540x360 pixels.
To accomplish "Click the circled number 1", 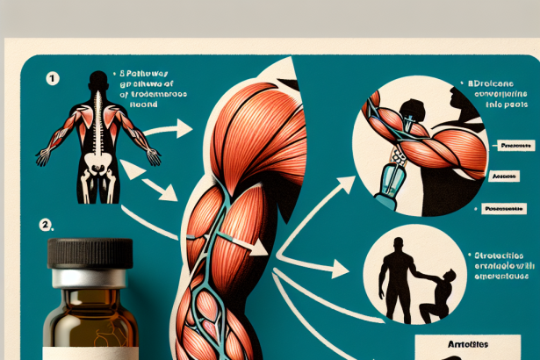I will click(x=53, y=78).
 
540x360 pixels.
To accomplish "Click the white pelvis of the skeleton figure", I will click(x=98, y=170).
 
